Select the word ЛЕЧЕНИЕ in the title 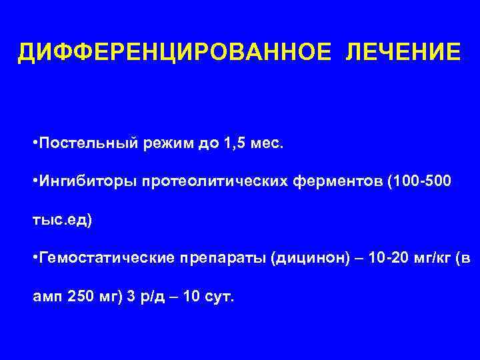[403, 52]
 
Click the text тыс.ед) [63, 219]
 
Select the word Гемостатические [101, 258]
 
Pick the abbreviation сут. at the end [219, 296]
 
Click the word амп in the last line [47, 296]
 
